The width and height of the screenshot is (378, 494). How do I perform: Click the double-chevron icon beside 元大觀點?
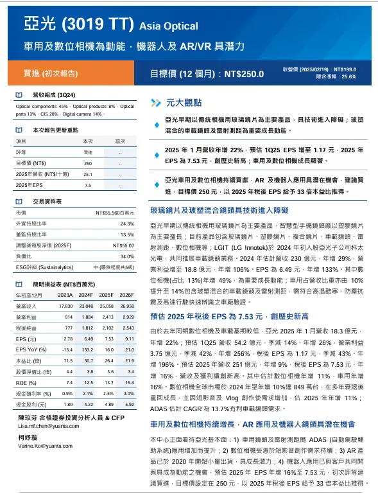155,102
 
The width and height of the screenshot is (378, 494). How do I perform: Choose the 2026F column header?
126,295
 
